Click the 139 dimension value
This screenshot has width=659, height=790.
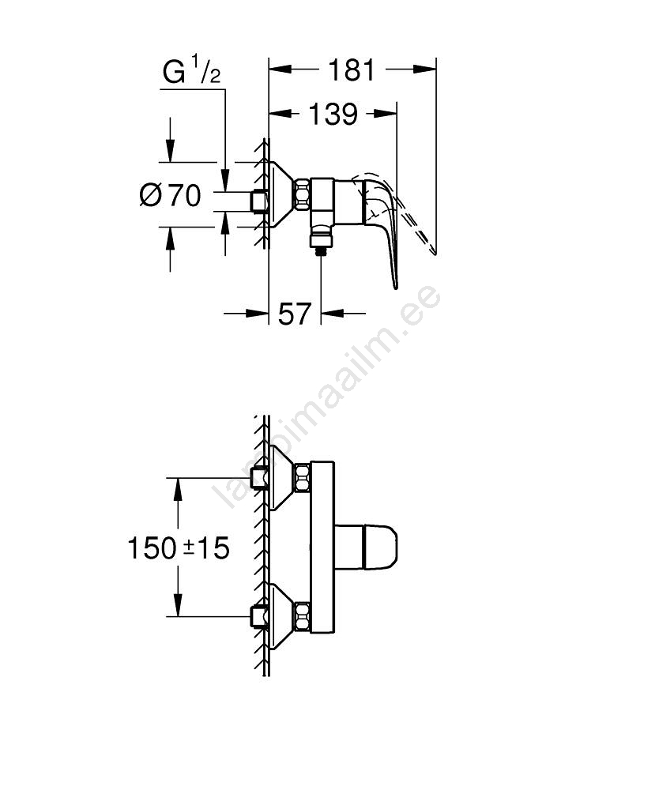[x=333, y=115]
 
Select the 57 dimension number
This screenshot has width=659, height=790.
[x=295, y=314]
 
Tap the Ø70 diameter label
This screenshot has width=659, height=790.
[x=171, y=194]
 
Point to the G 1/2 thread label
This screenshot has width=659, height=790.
[x=191, y=72]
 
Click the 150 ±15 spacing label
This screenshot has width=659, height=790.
[x=179, y=547]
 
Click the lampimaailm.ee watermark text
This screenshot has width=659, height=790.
[x=326, y=396]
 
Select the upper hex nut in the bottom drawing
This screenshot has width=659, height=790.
[x=303, y=478]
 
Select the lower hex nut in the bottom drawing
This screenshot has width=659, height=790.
[x=303, y=615]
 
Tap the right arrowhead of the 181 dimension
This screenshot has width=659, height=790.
[x=425, y=69]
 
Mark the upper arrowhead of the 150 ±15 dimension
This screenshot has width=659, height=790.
[x=178, y=488]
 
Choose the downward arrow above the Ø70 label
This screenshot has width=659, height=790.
[x=171, y=151]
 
